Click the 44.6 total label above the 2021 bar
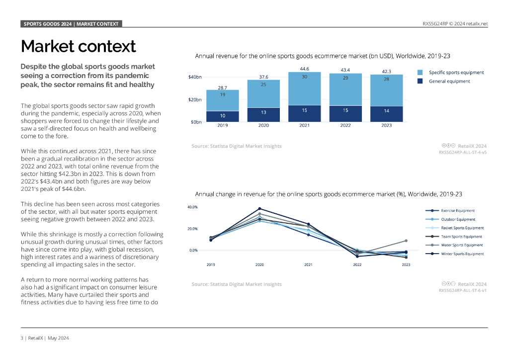pos(304,68)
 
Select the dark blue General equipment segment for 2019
pos(223,116)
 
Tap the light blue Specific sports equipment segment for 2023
pos(386,90)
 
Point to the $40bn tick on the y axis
pos(195,77)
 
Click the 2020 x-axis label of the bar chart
pos(263,125)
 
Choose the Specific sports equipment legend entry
pos(456,73)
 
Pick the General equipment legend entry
pos(449,81)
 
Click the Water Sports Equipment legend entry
pos(462,245)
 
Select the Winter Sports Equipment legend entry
pos(462,254)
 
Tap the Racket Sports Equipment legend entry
pos(462,228)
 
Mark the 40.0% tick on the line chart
pos(193,207)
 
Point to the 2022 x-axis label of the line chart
pos(357,265)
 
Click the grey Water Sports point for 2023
pos(406,241)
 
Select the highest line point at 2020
pos(259,208)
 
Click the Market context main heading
pos(78,46)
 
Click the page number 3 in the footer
pos(22,338)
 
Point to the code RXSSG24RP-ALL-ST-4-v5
pos(462,153)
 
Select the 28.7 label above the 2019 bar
pos(223,87)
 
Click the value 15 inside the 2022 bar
pos(345,110)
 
